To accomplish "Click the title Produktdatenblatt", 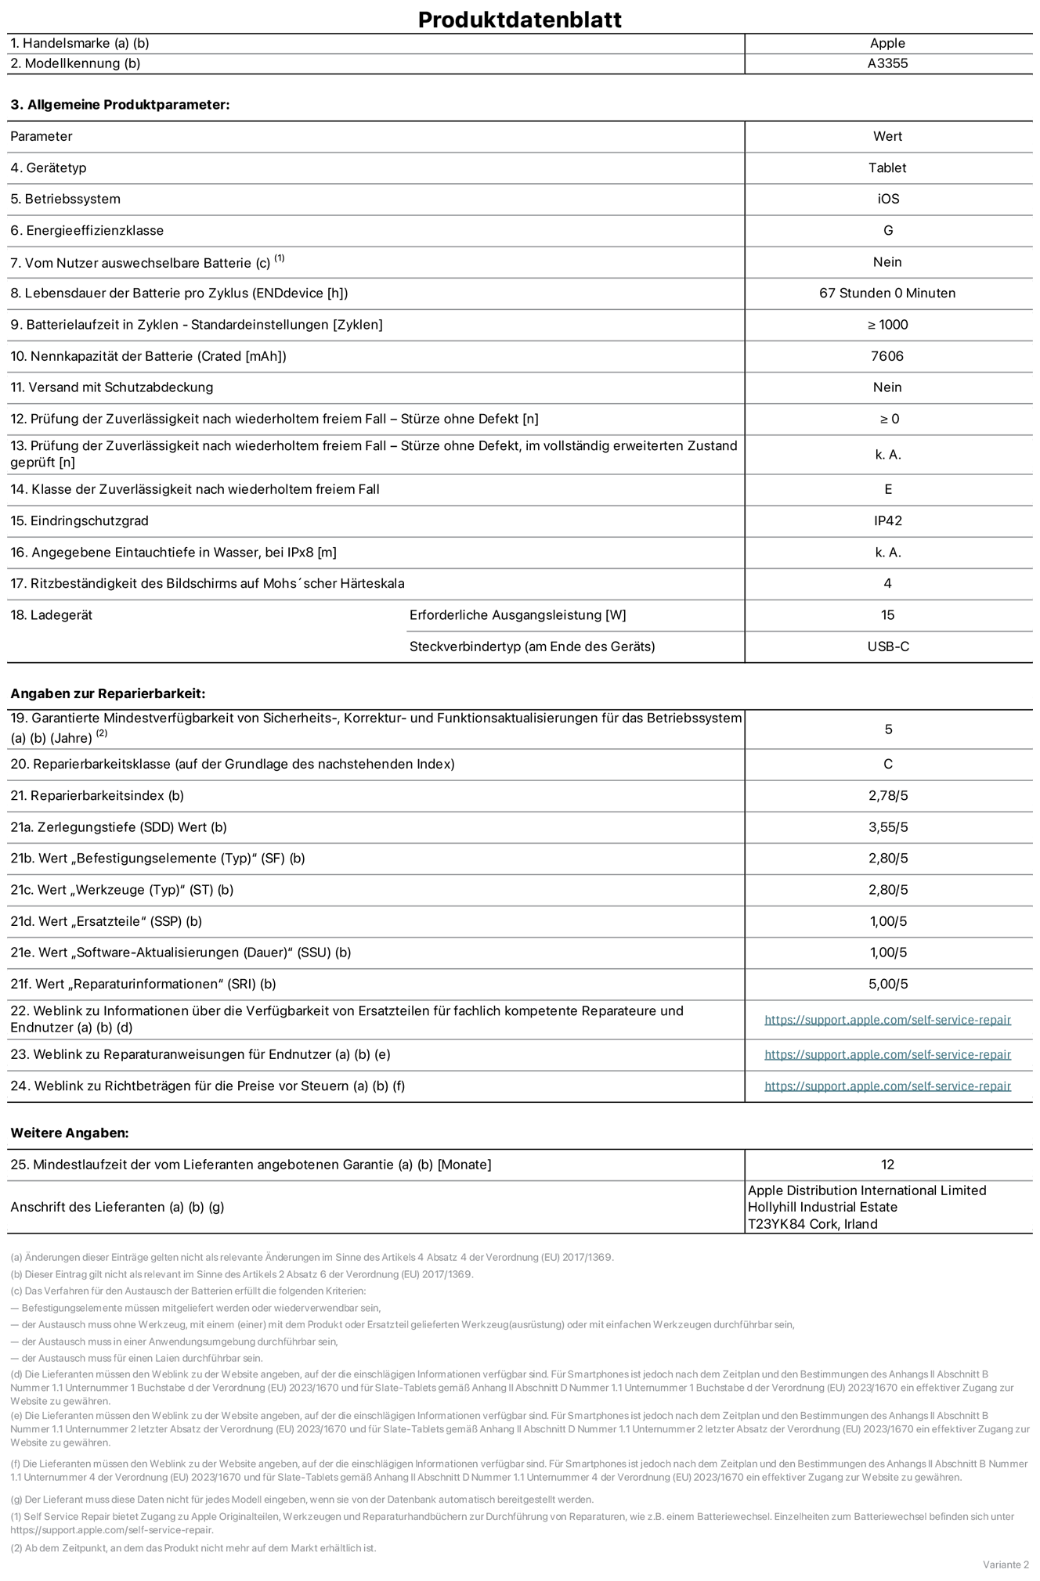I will [519, 20].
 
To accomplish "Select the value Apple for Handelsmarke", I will [887, 44].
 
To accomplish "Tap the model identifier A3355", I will [887, 63].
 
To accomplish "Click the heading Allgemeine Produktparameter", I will [120, 105].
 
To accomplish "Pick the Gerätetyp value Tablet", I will [887, 167].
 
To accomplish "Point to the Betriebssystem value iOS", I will [887, 199].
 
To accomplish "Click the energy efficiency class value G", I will [887, 230].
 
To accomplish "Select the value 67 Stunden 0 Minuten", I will [887, 293].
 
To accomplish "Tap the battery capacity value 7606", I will [887, 356].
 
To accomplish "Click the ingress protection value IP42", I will [887, 520].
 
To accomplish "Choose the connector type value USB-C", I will [887, 646].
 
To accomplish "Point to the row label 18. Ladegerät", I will [52, 615].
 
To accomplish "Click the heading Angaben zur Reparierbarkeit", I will [107, 693].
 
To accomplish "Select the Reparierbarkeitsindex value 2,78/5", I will [887, 795].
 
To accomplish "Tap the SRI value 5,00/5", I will [887, 984].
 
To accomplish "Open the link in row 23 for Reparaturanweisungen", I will [887, 1054].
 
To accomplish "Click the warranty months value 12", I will [887, 1165].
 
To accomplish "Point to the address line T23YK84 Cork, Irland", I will [812, 1224].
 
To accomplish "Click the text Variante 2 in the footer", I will [1006, 1564].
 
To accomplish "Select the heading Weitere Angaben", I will [70, 1133].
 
